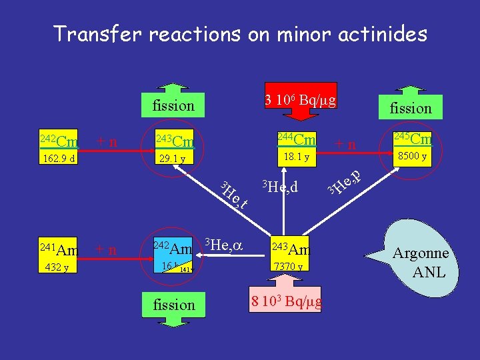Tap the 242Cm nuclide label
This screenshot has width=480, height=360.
[59, 141]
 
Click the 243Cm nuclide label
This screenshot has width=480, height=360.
[174, 141]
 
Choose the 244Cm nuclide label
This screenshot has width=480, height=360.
[296, 139]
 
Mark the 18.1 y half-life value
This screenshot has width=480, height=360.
[296, 157]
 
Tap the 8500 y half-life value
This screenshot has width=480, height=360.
[411, 157]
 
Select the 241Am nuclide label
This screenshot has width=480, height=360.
[59, 250]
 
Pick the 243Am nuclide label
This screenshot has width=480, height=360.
[291, 249]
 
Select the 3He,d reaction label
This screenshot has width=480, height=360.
[279, 187]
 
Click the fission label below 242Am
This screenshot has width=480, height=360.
[174, 305]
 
